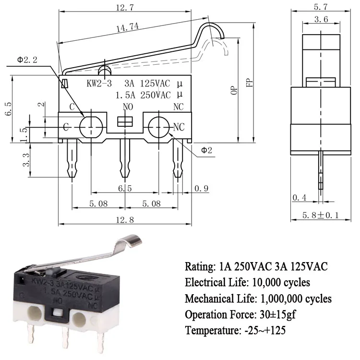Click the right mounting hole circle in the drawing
[x=158, y=127]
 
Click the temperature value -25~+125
[x=269, y=331]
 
